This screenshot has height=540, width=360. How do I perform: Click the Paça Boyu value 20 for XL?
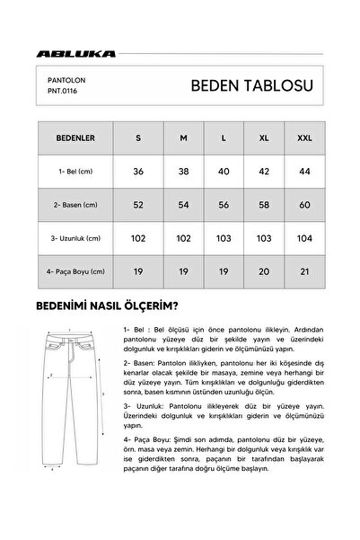[x=264, y=270]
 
